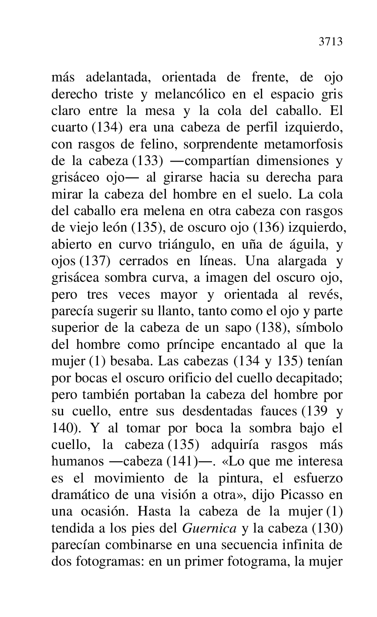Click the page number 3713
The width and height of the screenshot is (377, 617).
tap(330, 41)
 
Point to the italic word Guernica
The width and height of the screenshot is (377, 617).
tap(209, 528)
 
